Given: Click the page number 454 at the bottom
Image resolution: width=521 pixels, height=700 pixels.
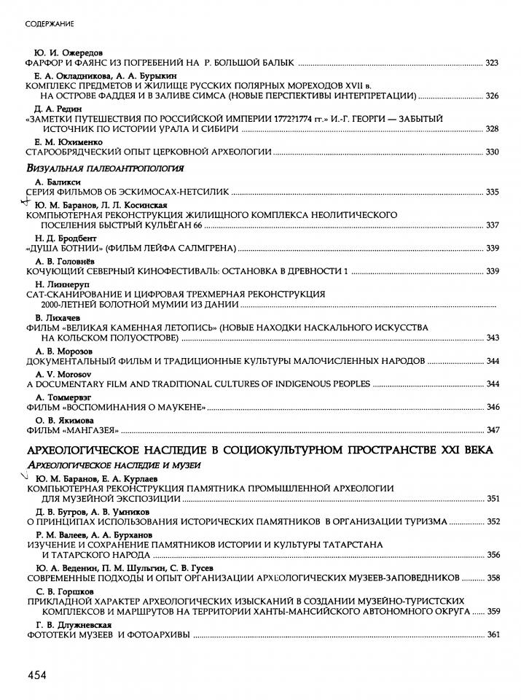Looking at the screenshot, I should point(37,675).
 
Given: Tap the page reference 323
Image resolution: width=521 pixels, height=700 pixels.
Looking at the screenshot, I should point(491,64).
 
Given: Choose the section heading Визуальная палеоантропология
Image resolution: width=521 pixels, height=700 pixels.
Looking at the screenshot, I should point(104,168).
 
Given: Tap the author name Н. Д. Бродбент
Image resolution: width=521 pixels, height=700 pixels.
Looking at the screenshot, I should point(64,238).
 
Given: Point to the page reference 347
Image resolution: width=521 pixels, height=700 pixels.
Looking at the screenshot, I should point(491,429).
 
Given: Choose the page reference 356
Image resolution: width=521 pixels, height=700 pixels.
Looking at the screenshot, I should point(491,554).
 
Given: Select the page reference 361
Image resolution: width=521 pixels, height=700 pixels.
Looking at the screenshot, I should point(491,635).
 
